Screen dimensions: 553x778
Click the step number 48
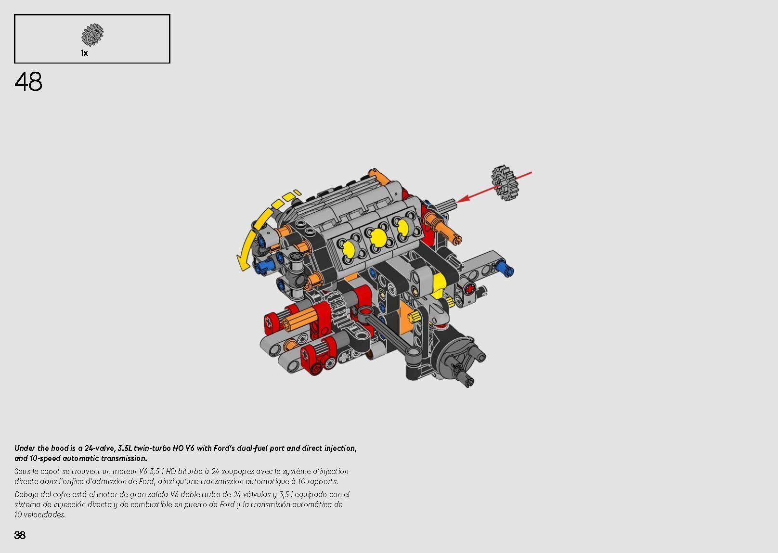click(x=28, y=82)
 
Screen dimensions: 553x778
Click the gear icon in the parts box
click(x=92, y=34)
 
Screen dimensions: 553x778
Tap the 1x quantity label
click(x=84, y=53)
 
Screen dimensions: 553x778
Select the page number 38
click(x=20, y=535)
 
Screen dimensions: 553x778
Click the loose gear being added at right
click(x=504, y=183)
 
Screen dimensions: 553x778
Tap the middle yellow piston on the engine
click(x=378, y=237)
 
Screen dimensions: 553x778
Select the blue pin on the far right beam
click(x=505, y=269)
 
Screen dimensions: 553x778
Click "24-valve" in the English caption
click(x=99, y=448)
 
